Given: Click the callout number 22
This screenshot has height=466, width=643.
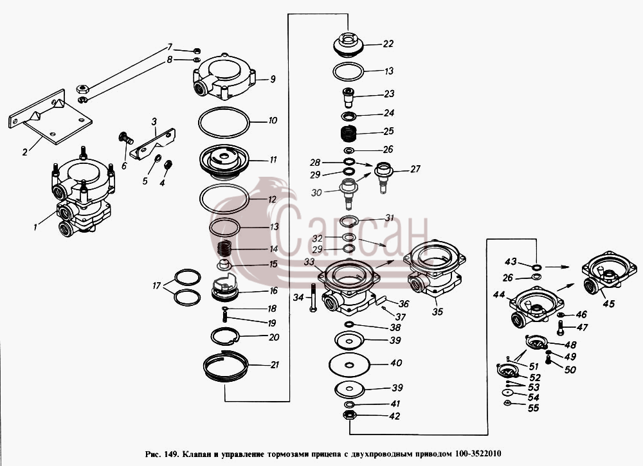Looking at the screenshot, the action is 388,44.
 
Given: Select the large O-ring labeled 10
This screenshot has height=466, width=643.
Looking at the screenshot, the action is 224,108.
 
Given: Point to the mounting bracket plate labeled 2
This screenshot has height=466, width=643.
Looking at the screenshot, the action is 50,116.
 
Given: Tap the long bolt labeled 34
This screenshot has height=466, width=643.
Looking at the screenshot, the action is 312,299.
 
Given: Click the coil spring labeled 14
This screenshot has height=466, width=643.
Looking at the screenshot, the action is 224,249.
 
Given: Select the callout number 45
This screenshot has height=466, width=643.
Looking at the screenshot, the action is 609,303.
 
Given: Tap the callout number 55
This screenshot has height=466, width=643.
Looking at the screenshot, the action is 533,408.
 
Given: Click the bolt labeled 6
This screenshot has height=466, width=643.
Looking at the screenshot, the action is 125,138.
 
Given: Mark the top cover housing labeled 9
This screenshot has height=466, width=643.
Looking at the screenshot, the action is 224,76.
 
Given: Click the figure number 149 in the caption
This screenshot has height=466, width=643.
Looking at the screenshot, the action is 170,454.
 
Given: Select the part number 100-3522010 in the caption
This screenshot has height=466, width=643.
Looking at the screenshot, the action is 478,454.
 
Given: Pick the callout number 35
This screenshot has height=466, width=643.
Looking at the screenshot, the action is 437,312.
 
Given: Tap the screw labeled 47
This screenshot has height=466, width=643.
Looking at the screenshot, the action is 561,328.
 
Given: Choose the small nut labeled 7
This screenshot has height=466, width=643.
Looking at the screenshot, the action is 196,51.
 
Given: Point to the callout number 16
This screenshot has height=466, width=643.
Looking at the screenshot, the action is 273,291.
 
